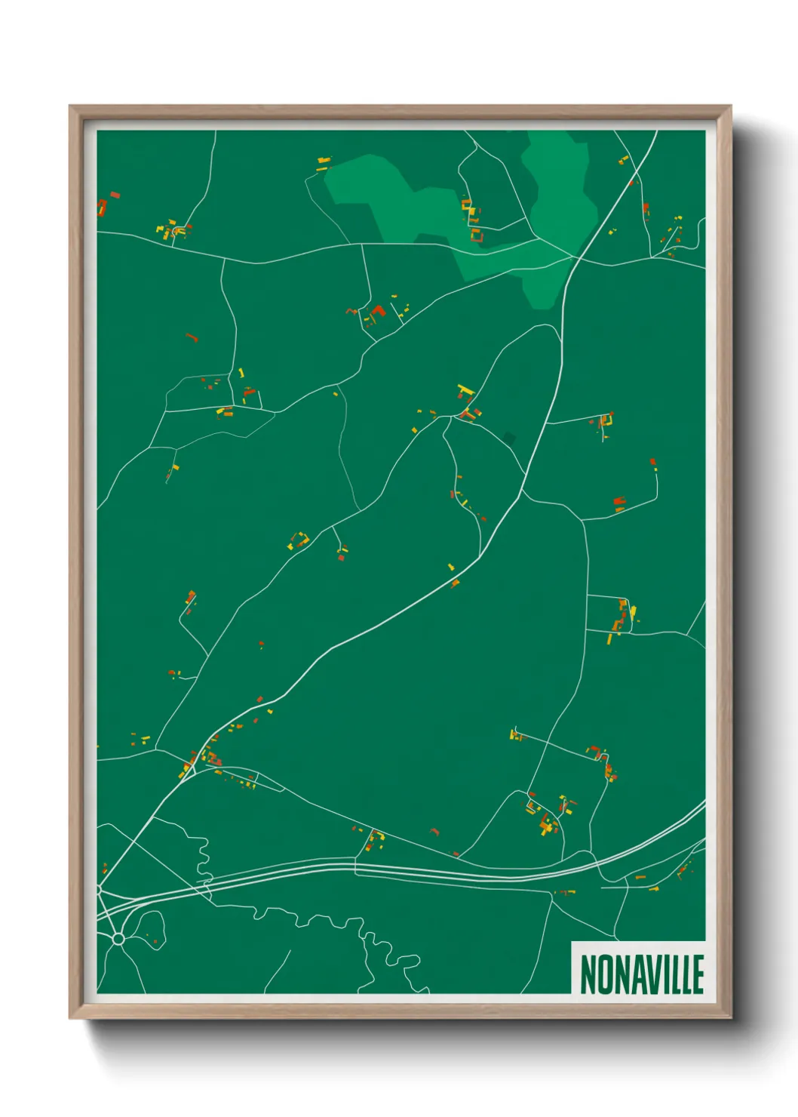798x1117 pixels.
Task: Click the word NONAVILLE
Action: pyautogui.click(x=642, y=974)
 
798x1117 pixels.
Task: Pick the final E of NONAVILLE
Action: pyautogui.click(x=698, y=974)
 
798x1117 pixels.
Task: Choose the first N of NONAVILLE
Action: pyautogui.click(x=588, y=974)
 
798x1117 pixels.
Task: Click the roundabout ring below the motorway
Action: pyautogui.click(x=118, y=939)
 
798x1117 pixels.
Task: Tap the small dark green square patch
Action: pyautogui.click(x=509, y=438)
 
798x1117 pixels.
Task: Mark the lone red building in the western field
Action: pyautogui.click(x=192, y=337)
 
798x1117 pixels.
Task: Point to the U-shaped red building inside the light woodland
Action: pyautogui.click(x=476, y=236)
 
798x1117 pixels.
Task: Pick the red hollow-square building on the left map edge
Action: pyautogui.click(x=102, y=207)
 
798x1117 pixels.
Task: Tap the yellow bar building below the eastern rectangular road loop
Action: pyautogui.click(x=609, y=639)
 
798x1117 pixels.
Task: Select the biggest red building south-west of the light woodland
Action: pyautogui.click(x=378, y=310)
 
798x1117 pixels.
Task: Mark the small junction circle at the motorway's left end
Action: pyautogui.click(x=99, y=891)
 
